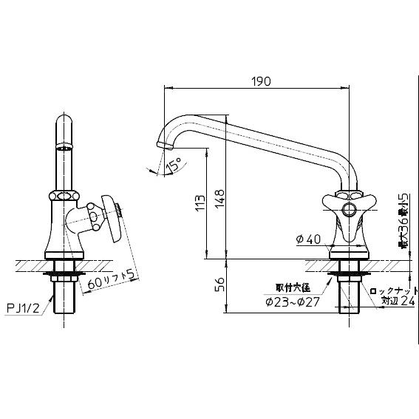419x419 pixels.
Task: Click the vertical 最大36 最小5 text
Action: [403, 221]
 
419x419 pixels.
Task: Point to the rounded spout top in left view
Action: [65, 126]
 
